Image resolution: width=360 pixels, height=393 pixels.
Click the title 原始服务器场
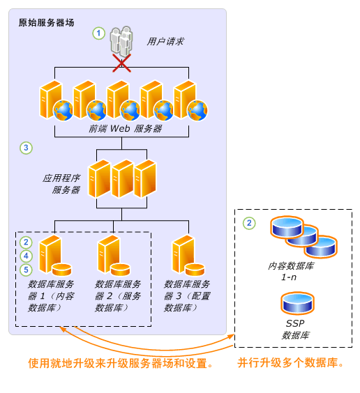tap(47, 23)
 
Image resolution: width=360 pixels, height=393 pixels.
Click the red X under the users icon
tap(122, 64)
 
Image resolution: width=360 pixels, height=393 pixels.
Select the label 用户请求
tap(165, 42)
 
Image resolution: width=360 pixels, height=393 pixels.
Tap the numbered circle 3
tap(27, 148)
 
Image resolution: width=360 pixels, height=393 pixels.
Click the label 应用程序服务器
tap(61, 184)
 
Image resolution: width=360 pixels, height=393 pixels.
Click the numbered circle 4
tap(27, 256)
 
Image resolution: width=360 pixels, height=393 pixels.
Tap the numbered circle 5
tap(27, 269)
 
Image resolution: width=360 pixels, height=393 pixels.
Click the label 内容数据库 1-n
tap(291, 272)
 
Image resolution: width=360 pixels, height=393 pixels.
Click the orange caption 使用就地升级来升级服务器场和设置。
tap(120, 363)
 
